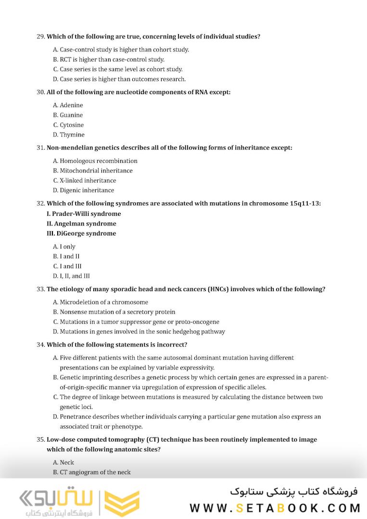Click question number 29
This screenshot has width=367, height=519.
[40, 37]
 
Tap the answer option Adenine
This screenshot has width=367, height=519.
[68, 105]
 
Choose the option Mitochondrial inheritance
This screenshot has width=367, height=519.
[93, 171]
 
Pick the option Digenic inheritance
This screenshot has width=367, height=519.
[83, 190]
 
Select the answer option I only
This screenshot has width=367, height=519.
[64, 247]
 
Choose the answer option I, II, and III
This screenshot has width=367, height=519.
[71, 276]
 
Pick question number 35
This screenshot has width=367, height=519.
[40, 439]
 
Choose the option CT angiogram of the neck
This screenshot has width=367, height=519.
[92, 472]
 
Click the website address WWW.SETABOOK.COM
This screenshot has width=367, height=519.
[275, 508]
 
